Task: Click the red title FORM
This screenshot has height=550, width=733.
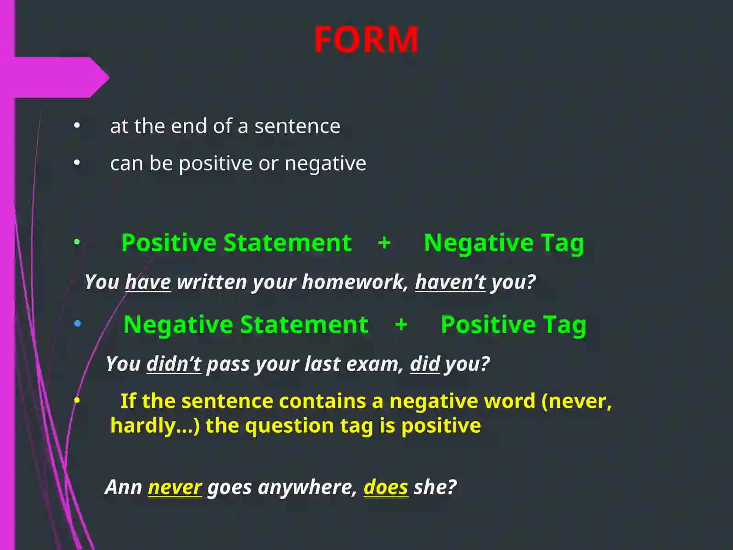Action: (366, 39)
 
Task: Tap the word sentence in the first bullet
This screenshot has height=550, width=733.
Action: (297, 126)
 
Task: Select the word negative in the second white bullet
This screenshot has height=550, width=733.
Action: (325, 164)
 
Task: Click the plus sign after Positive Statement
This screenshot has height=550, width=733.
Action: (384, 242)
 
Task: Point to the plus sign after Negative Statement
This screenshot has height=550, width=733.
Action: (401, 324)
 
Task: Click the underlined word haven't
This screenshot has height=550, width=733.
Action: (450, 282)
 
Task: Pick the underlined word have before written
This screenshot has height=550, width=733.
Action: (148, 282)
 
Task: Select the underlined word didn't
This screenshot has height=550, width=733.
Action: (174, 363)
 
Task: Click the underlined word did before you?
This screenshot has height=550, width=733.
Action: (425, 363)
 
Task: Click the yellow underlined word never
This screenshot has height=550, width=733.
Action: (175, 487)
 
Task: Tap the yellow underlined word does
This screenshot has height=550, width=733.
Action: (386, 487)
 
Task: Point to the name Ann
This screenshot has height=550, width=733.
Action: (124, 487)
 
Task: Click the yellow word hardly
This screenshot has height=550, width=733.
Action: (143, 426)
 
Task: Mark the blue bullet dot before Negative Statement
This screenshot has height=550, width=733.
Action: (77, 323)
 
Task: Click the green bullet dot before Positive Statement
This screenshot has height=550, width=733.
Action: (77, 242)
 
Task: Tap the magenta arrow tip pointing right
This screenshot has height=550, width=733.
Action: (109, 77)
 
